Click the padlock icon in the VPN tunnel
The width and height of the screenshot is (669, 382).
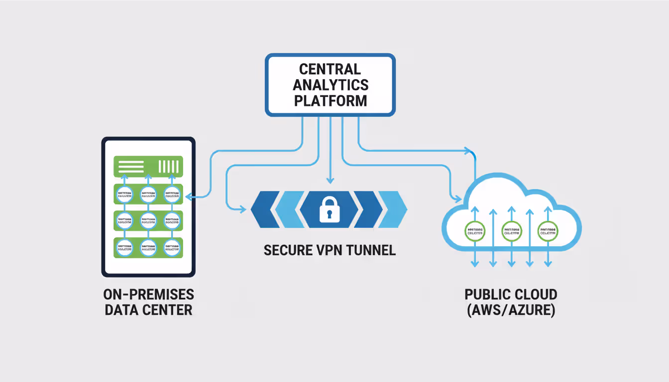coord(329,209)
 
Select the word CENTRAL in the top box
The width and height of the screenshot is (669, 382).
coord(330,69)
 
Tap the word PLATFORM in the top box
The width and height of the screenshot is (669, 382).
coord(330,100)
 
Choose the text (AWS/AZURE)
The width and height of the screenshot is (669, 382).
coord(511,310)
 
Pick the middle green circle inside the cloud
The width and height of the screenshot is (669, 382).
coord(511,231)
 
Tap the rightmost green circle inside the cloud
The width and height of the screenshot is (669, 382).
coord(548,231)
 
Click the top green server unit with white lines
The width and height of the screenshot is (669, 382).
coord(148,166)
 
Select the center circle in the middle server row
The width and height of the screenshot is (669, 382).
coord(148,219)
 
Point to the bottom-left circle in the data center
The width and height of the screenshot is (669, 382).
coord(124,247)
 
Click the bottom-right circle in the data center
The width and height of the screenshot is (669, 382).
coord(172,247)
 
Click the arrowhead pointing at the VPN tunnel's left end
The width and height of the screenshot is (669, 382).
coord(242,209)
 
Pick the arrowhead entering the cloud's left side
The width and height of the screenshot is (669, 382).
coord(456,199)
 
